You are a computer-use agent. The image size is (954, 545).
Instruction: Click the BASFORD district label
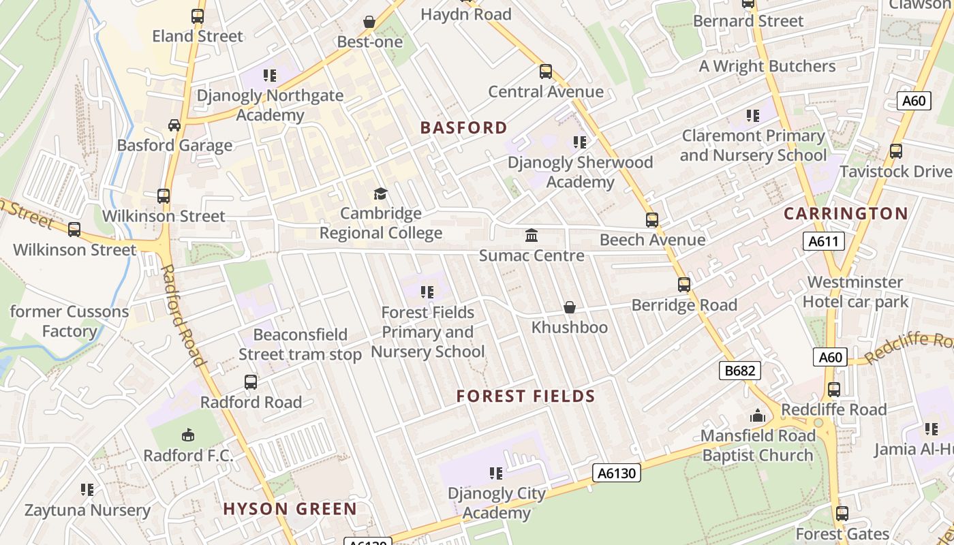coord(463,128)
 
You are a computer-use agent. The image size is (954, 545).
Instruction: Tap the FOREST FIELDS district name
coord(525,396)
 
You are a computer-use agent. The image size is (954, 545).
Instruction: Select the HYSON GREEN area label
coord(290,509)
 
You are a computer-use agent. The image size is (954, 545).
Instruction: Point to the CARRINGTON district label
coord(846,214)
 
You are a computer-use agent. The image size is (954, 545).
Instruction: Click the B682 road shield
coord(739,371)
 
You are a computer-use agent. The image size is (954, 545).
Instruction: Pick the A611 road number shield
coord(824,241)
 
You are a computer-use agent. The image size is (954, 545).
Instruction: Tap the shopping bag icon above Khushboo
coord(570,308)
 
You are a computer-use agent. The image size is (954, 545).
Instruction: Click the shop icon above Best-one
coord(369,22)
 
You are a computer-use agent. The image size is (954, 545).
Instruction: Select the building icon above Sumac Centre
coord(532,236)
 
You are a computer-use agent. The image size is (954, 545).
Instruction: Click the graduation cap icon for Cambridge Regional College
coord(380,194)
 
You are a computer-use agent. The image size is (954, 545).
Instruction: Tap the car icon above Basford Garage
coord(174,125)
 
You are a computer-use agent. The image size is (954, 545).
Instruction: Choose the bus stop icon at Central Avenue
coord(546,72)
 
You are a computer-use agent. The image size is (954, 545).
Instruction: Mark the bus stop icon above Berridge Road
coord(684,285)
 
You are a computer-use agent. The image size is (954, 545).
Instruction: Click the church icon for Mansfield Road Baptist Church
coord(758,416)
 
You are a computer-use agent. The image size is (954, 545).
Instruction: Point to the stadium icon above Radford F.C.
coord(188,435)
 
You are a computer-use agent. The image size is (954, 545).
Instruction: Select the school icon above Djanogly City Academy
coord(496,473)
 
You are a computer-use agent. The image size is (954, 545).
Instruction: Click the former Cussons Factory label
coord(69,322)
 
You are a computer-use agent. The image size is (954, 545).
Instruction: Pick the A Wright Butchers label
coord(767,66)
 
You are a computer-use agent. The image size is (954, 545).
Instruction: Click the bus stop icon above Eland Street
coord(198,16)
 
